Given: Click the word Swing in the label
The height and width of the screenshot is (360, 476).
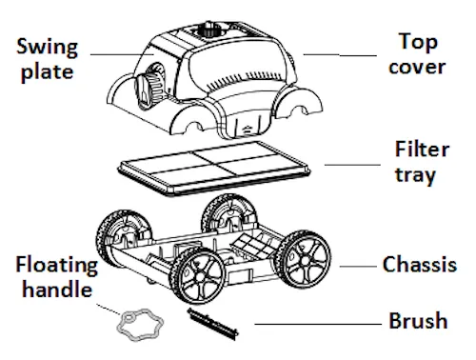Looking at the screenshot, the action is [47, 47].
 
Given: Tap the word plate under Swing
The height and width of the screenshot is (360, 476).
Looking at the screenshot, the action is [48, 72].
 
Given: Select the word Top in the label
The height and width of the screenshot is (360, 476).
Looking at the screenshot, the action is [418, 42].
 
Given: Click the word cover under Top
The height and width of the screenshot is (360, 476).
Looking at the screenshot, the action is [417, 68].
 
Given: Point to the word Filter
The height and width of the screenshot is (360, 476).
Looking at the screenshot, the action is [422, 149].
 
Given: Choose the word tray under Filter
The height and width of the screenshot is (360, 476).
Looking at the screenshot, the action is [415, 175].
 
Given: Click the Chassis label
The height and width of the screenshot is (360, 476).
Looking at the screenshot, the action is [420, 265].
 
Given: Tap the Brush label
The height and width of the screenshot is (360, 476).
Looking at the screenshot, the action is [418, 320].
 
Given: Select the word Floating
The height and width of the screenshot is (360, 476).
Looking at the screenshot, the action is [57, 266].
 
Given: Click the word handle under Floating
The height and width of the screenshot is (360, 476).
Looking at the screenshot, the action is [57, 290].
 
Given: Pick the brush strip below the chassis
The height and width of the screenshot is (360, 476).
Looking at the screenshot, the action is [212, 324].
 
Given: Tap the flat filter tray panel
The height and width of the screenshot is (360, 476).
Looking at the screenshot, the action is [213, 169].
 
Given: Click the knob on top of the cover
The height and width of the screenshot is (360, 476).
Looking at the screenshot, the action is [208, 30].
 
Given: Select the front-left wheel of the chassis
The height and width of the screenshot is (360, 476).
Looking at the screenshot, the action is [197, 276].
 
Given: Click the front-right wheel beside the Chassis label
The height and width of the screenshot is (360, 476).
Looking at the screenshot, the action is [304, 259].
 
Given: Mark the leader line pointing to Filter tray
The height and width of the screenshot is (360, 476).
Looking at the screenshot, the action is [352, 165].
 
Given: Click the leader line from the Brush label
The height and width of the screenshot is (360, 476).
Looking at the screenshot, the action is [318, 324].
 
